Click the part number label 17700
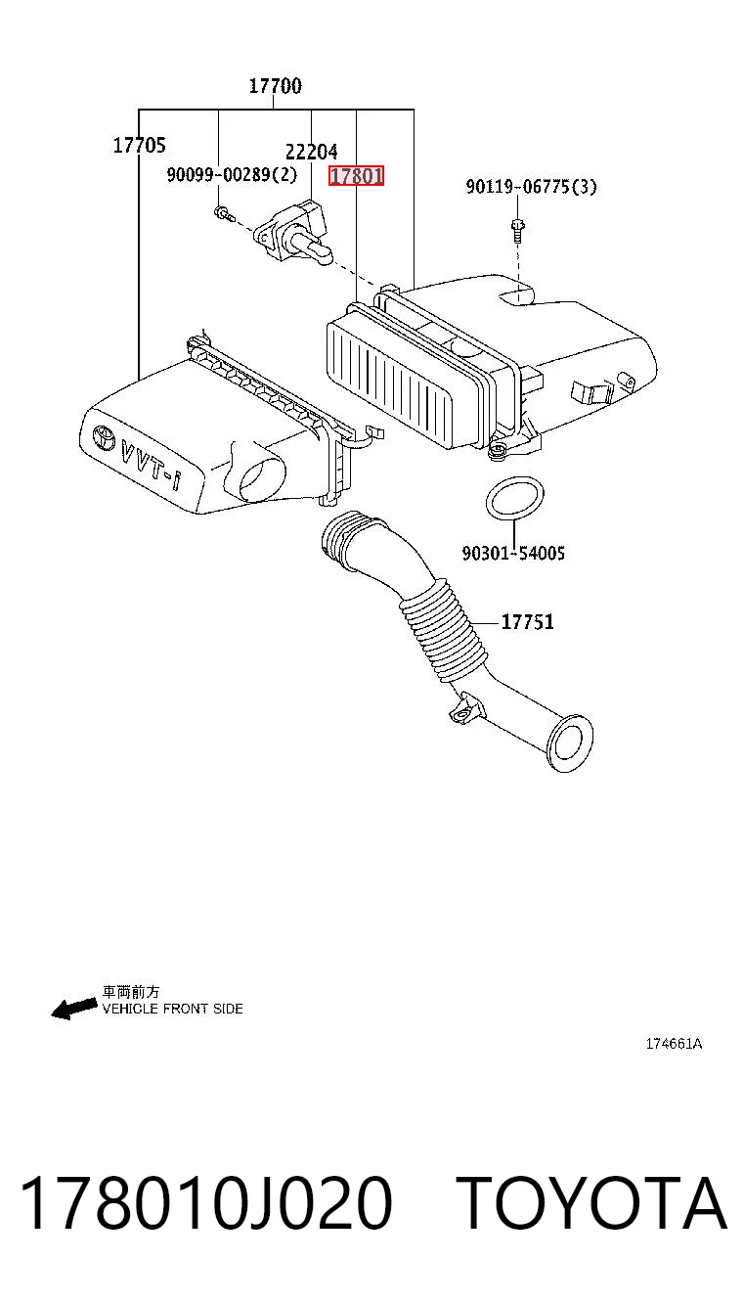(276, 86)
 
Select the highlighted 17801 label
(357, 175)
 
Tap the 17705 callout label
(139, 145)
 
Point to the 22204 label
(312, 152)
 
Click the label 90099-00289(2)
(232, 174)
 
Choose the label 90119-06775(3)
(531, 187)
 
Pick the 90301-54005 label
(513, 553)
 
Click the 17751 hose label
(528, 622)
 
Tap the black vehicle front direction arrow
(74, 1008)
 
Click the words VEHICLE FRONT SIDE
(172, 1009)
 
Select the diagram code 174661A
(674, 1044)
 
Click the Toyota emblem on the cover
(105, 437)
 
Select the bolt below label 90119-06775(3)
(517, 229)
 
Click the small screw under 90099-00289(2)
(223, 214)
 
